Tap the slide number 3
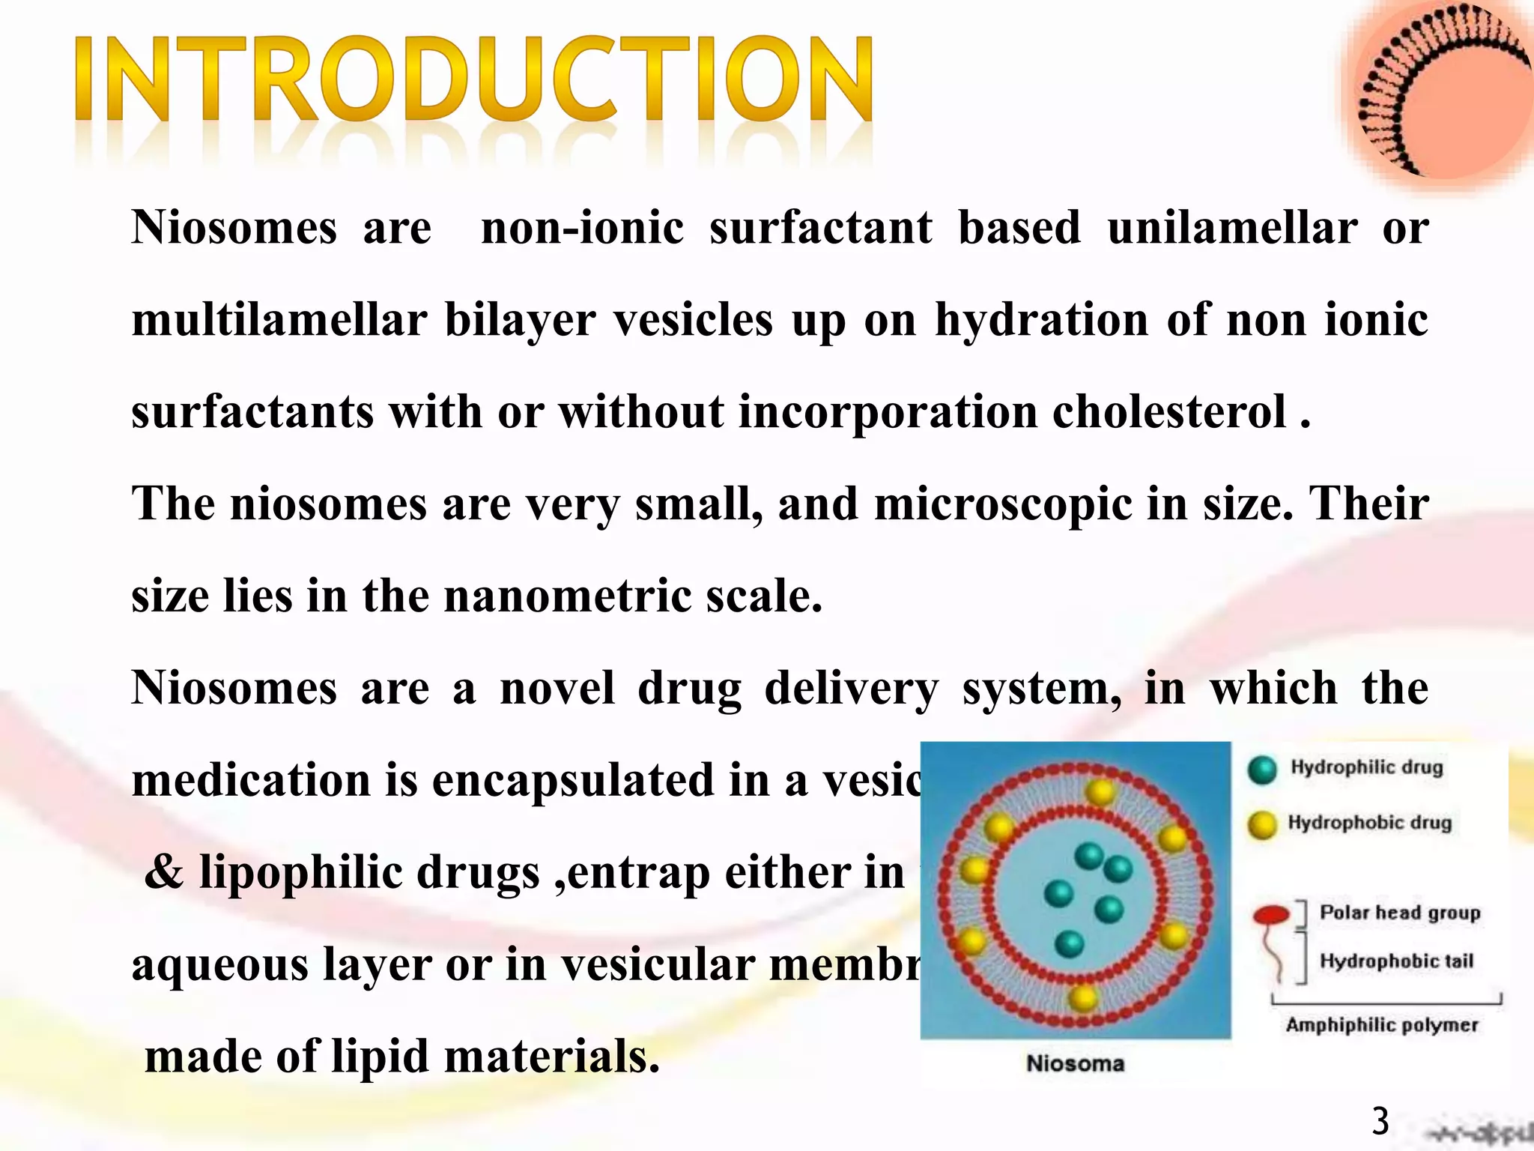coord(1380,1122)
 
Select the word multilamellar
coord(279,320)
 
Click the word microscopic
coord(1003,504)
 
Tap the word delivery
coord(851,688)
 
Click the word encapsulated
coord(572,780)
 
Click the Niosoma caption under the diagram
coord(1075,1063)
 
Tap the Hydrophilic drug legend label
coord(1366,767)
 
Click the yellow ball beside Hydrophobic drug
coord(1262,825)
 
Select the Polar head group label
coord(1400,913)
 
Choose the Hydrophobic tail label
coord(1396,961)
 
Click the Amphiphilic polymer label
coord(1382,1024)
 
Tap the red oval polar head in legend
coord(1271,914)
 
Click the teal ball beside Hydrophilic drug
coord(1262,770)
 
